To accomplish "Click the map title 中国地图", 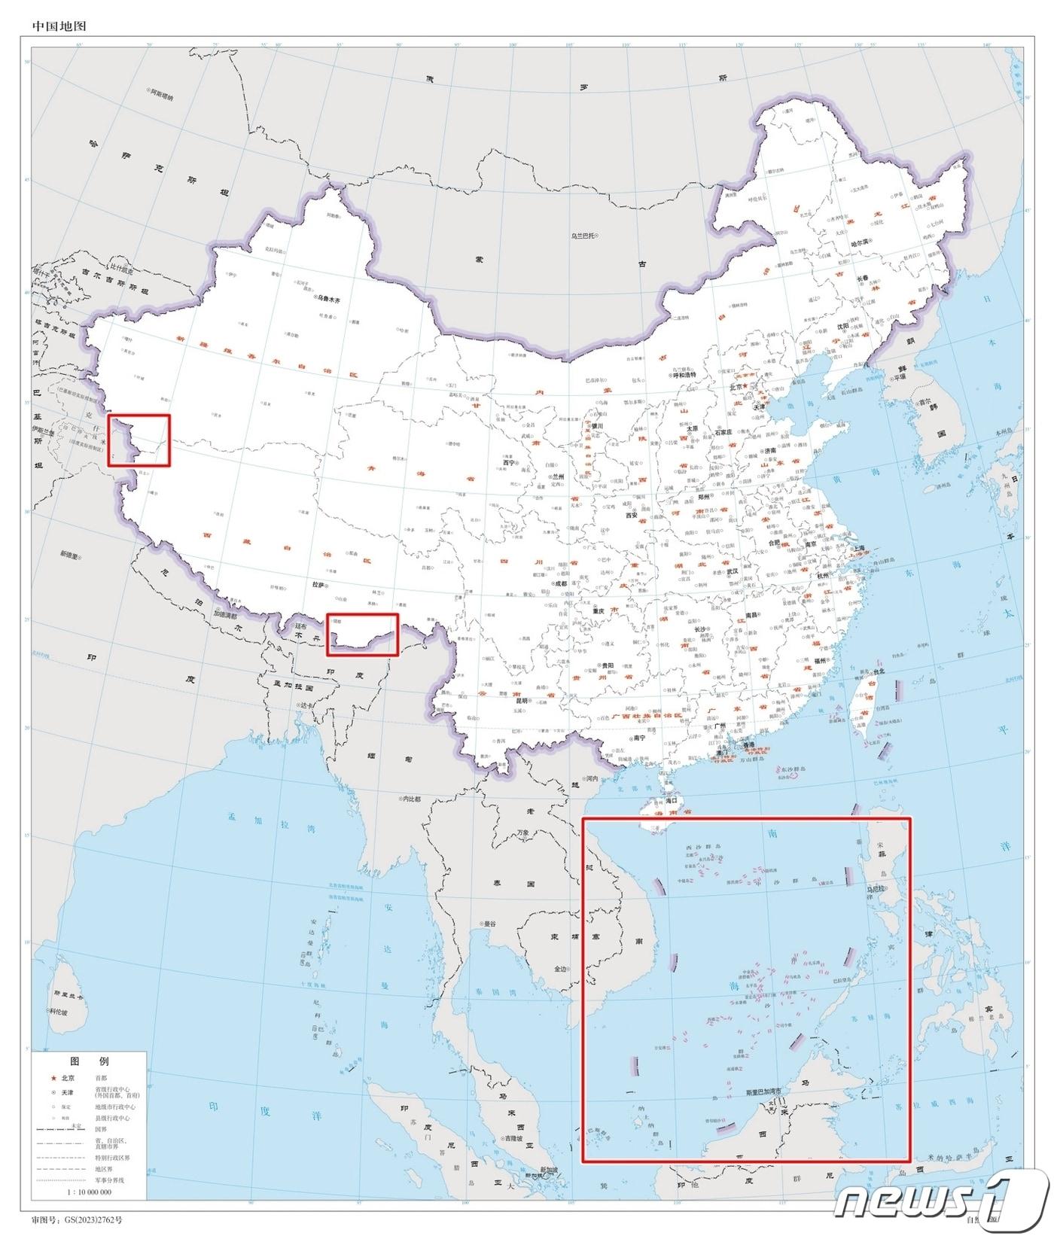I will (59, 26).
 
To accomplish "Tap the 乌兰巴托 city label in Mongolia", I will (583, 236).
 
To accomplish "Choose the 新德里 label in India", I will (72, 554).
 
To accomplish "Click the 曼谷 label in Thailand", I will (489, 923).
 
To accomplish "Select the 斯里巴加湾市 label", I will (764, 1091).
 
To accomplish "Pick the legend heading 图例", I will (89, 1061).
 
